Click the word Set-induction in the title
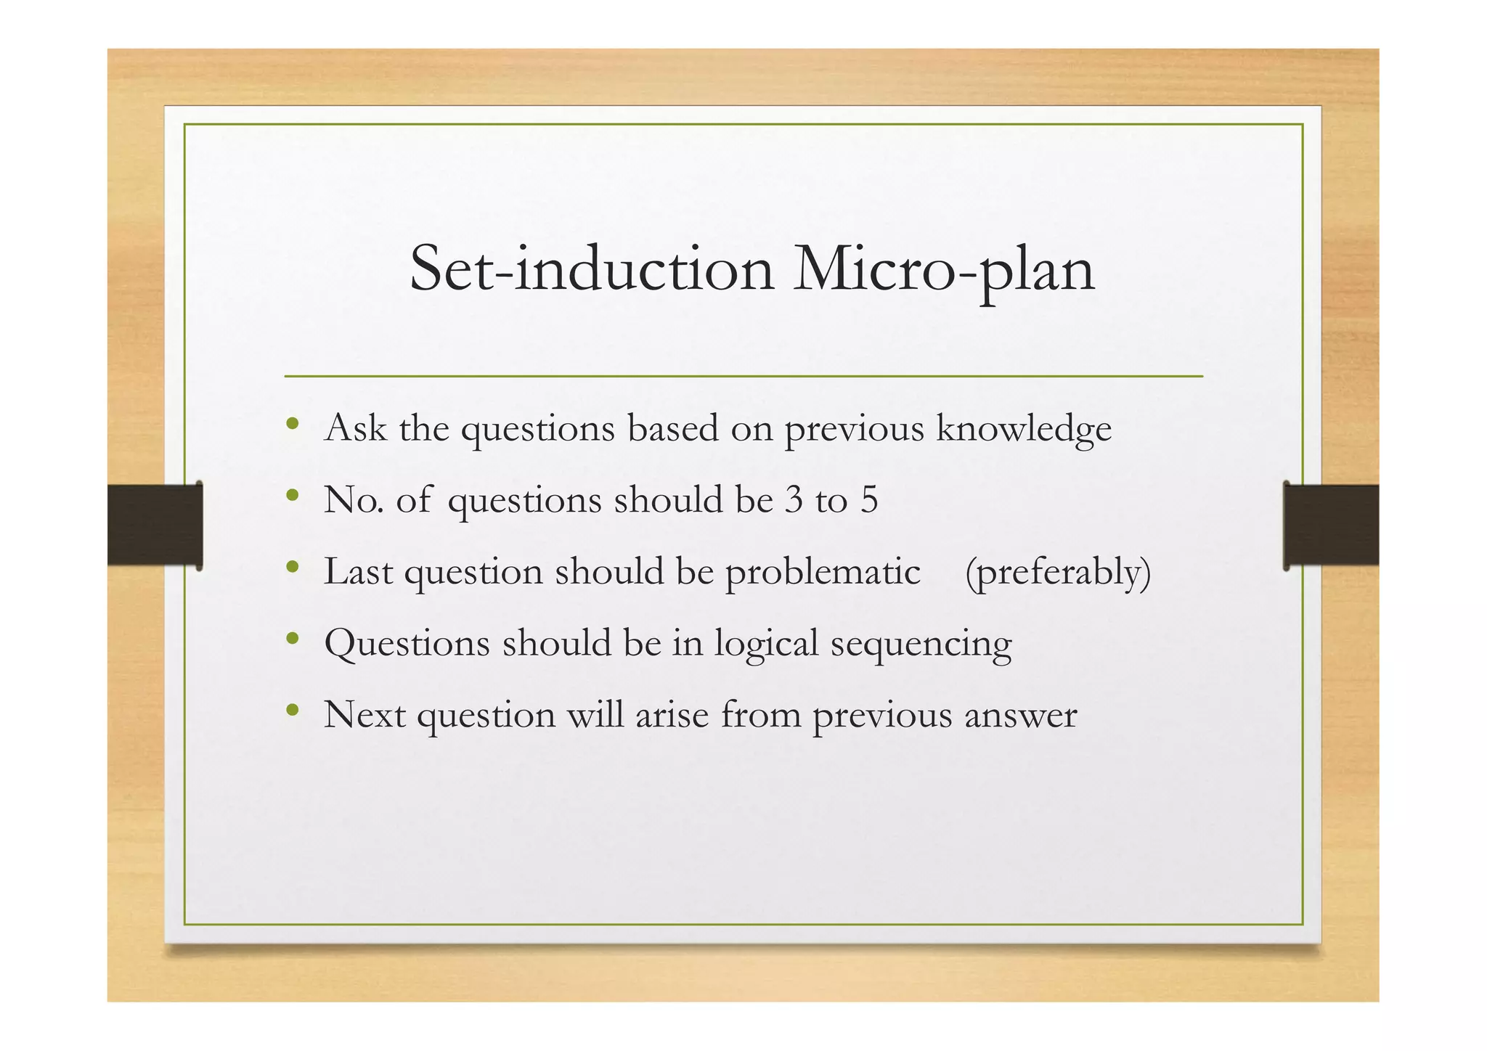click(591, 269)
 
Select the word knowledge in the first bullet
click(1024, 428)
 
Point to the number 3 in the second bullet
click(794, 500)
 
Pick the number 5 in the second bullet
click(869, 500)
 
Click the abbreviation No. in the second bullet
click(354, 500)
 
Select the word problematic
click(823, 572)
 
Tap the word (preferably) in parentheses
click(1058, 572)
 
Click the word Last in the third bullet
click(358, 571)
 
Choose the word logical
click(766, 644)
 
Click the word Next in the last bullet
click(364, 715)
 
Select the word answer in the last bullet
click(1020, 715)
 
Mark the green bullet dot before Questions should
click(293, 639)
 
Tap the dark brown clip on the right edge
click(1330, 525)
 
